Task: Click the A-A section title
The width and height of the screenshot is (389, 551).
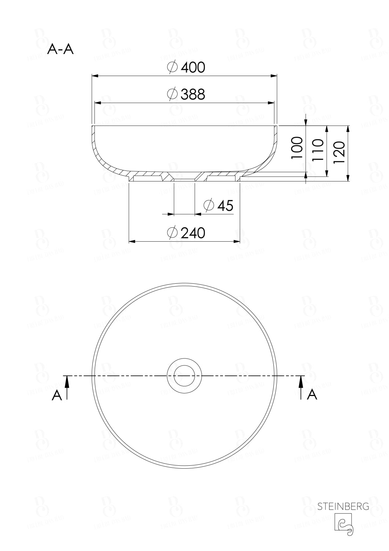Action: click(61, 49)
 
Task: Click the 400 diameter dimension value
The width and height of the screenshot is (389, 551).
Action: click(193, 67)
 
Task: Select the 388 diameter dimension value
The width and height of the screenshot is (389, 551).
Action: click(193, 94)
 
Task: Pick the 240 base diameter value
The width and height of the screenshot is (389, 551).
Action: click(193, 233)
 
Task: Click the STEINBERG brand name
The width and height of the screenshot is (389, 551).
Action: click(343, 507)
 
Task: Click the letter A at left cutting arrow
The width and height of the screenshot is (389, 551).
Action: click(57, 395)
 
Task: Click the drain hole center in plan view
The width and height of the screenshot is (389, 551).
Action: click(184, 376)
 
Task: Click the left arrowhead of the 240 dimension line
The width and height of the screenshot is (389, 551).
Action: click(132, 242)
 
